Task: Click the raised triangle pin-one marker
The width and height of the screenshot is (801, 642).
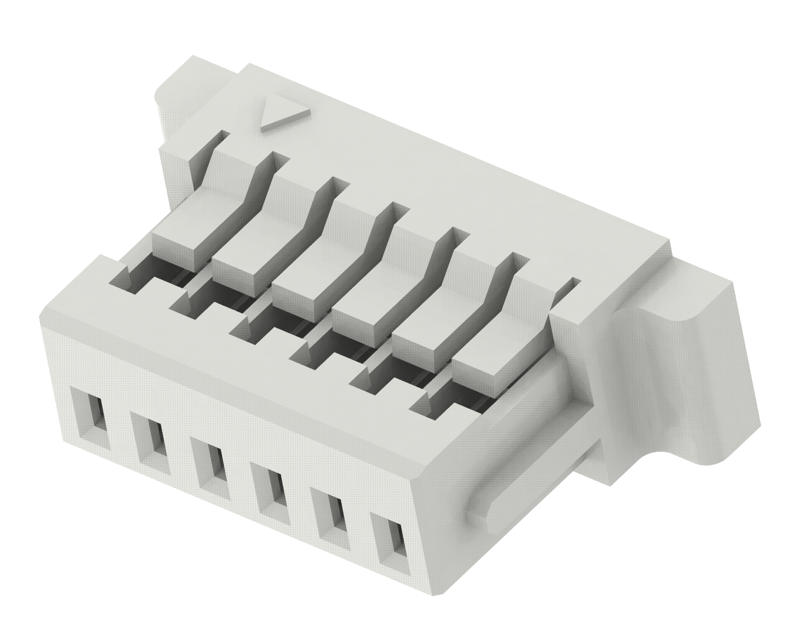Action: click(x=284, y=113)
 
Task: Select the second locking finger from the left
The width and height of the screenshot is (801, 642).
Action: click(x=247, y=247)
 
